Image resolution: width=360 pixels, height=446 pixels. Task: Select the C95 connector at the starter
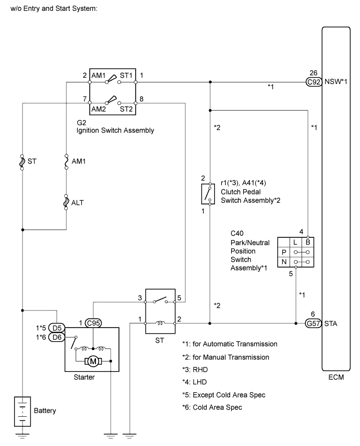93,323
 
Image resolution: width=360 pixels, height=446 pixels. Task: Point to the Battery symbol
22,410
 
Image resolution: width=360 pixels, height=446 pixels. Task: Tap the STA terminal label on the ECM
331,323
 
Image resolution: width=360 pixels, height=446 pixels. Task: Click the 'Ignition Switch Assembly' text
115,130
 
